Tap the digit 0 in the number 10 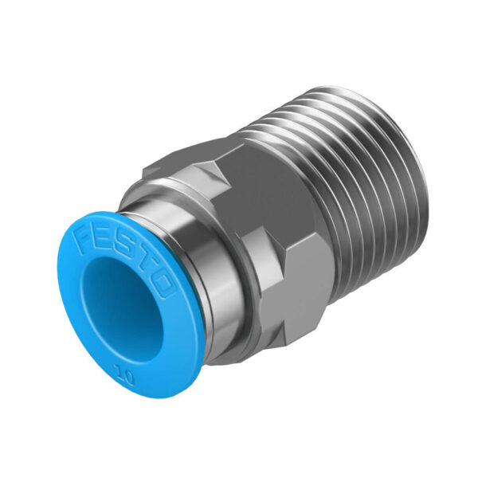(128, 377)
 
